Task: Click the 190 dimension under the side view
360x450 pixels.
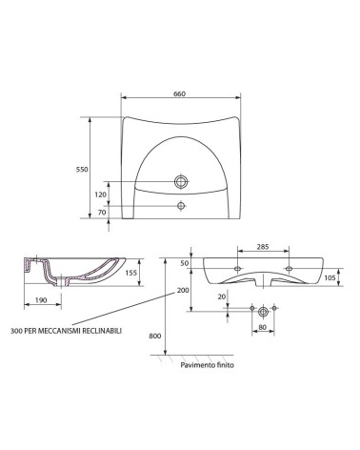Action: [x=41, y=299]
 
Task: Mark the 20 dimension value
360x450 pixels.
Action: [x=221, y=296]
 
